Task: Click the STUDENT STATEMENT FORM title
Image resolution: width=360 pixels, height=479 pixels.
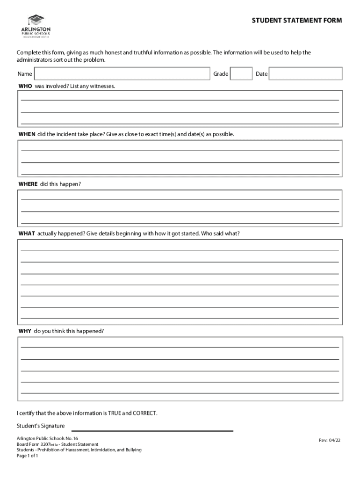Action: point(297,21)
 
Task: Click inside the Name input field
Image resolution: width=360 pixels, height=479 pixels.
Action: point(122,74)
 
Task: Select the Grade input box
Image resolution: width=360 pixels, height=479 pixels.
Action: point(242,74)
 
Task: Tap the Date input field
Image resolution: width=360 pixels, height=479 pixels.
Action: point(306,74)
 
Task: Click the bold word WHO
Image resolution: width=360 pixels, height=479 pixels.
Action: point(25,87)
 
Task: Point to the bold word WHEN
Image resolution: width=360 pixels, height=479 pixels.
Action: point(27,134)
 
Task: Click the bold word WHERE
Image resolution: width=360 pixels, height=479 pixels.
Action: point(28,184)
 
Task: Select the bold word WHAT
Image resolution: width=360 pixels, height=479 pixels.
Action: point(27,233)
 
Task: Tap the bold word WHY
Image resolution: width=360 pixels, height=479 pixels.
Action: point(25,331)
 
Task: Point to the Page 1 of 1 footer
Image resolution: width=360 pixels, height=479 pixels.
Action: point(27,456)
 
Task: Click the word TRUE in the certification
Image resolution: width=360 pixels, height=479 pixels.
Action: point(115,414)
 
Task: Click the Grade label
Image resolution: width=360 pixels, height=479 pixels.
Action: point(221,74)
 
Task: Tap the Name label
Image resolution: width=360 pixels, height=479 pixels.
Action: point(25,74)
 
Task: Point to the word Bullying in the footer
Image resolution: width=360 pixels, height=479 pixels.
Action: point(130,450)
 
